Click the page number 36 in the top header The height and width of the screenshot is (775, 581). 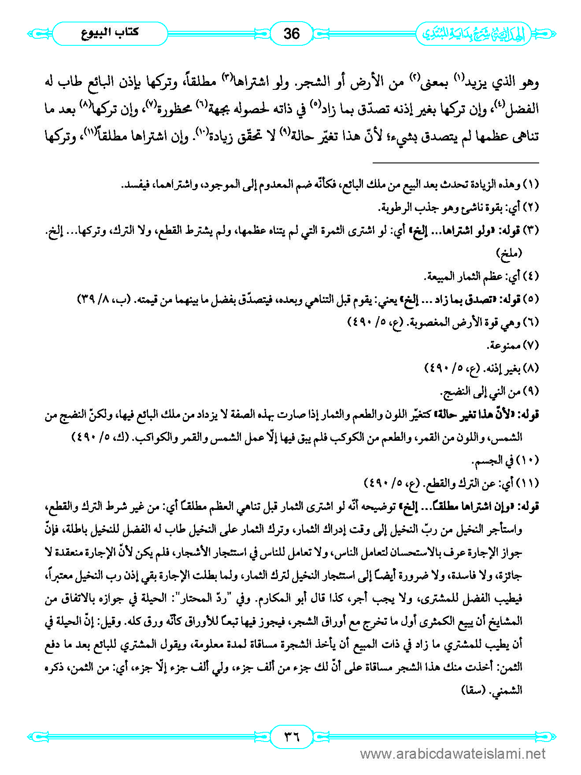[291, 33]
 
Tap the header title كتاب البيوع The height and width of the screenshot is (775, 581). [110, 33]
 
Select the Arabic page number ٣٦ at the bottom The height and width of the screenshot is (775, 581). [291, 736]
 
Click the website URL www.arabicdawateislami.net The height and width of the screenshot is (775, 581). [452, 754]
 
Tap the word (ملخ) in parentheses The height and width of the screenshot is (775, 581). [509, 253]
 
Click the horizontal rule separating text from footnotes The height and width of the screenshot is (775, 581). [455, 163]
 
